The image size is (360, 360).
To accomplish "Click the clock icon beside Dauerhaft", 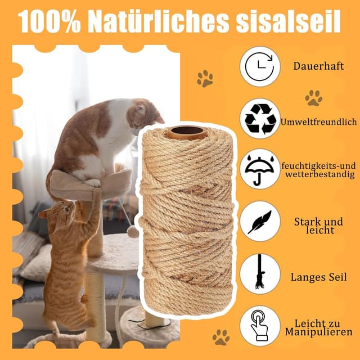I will tap(260, 66).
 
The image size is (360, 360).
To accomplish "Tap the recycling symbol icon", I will tap(260, 118).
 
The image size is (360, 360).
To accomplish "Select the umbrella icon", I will tap(260, 169).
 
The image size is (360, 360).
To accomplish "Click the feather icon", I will tap(260, 222).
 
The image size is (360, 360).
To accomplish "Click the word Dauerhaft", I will tap(318, 66).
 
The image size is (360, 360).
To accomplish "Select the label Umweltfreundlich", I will tap(318, 121).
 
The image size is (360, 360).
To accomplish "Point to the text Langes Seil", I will tap(318, 277).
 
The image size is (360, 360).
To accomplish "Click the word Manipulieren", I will tap(318, 332).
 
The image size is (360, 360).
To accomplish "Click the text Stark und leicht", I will tap(318, 226).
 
